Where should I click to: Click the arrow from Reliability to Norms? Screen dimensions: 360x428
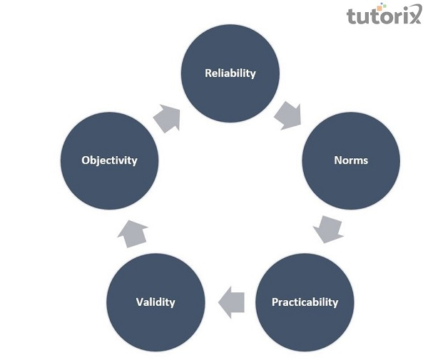coord(288,114)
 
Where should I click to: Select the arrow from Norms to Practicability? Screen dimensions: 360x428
coord(328,228)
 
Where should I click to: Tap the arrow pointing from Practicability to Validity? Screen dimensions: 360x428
coord(231,302)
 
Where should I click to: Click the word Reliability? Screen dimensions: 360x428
coord(230,73)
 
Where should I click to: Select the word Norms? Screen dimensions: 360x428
coord(351,160)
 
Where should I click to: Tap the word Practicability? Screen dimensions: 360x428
coord(305,302)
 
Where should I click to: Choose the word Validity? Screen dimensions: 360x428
coord(156,302)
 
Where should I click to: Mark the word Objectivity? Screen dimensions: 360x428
coord(109,160)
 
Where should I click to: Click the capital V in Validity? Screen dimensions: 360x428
coord(139,302)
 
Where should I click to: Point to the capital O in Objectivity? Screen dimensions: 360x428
coord(85,160)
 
